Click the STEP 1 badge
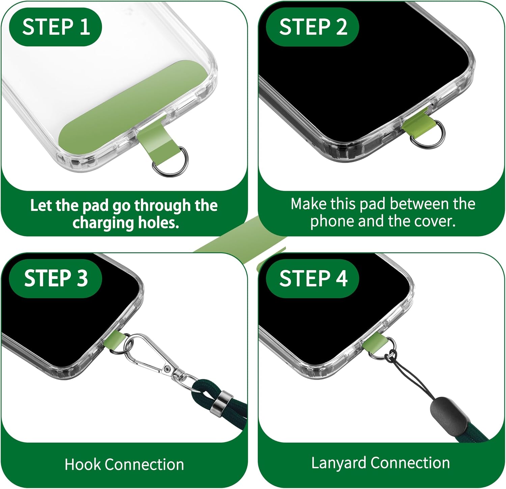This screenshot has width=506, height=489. [x=56, y=27]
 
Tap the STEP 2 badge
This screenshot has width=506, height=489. [x=312, y=27]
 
